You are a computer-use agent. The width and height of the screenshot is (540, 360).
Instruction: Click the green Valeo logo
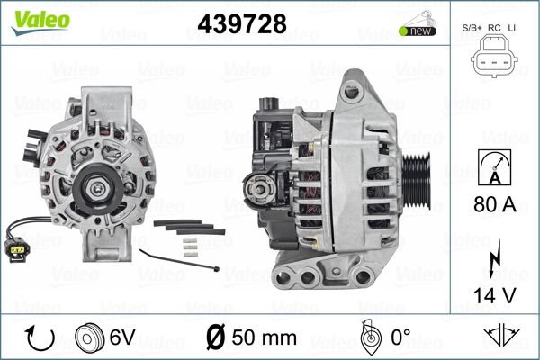[40, 22]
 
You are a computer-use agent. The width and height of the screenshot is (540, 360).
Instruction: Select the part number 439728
[242, 23]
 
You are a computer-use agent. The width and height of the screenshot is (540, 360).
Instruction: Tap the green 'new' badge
[418, 31]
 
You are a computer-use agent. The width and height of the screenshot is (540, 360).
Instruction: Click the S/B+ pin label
[472, 28]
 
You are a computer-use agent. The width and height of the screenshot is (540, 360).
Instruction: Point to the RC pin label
[494, 28]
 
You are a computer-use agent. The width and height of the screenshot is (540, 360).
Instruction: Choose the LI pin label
[512, 28]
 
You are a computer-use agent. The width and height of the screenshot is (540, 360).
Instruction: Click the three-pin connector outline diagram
[494, 57]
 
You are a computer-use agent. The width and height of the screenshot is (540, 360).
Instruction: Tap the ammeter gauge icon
[494, 167]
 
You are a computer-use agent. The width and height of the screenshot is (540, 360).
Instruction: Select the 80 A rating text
[495, 204]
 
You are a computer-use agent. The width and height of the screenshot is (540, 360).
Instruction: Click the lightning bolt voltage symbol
[494, 258]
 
